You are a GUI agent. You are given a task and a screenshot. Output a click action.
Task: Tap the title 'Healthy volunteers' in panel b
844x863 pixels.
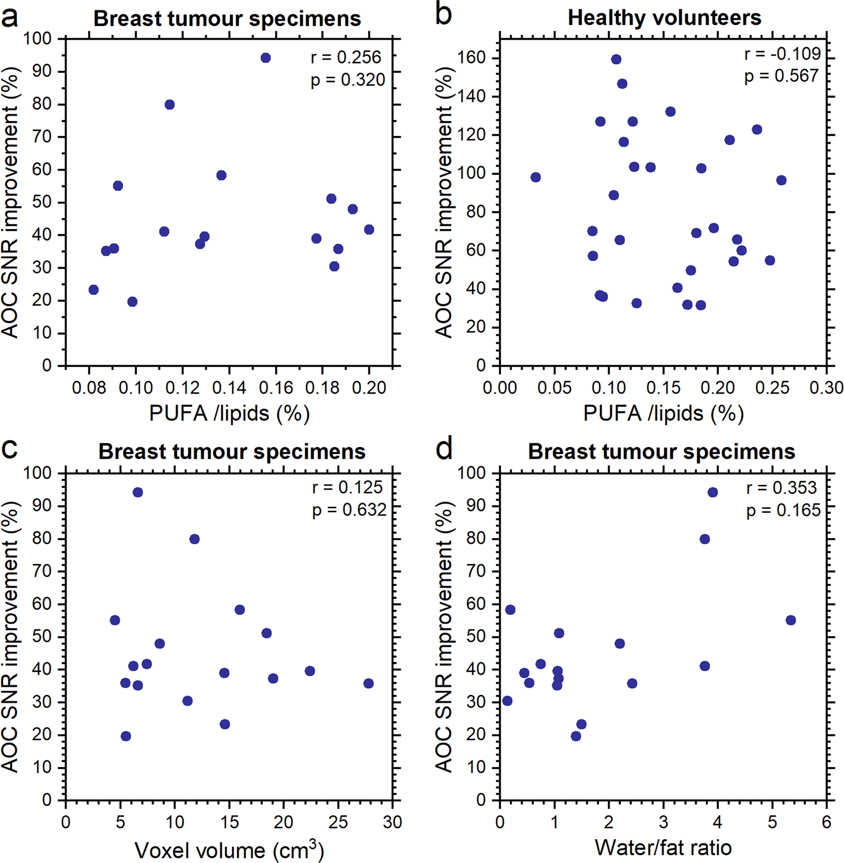click(664, 18)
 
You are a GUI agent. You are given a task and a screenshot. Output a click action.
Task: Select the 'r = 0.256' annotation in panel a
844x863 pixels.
click(346, 57)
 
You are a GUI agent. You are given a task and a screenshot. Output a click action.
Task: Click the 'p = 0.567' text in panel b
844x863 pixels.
click(782, 76)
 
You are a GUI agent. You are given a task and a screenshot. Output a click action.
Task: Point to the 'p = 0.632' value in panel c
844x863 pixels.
click(349, 510)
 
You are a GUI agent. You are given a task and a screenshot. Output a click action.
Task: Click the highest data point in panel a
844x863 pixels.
click(266, 58)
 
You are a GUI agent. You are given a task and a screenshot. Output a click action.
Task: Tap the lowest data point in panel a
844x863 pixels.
click(133, 302)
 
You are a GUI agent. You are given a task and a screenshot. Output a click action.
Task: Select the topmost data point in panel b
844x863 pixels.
click(616, 59)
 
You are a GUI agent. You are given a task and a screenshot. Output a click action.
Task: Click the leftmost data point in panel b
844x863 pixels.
click(536, 177)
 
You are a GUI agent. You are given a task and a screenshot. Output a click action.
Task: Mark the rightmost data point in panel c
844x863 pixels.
click(368, 683)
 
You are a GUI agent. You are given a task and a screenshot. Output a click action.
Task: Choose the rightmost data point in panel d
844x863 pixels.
click(790, 620)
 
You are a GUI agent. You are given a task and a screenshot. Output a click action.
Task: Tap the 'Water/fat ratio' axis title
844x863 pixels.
click(663, 848)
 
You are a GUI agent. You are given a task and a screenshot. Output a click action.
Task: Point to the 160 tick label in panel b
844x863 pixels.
click(472, 58)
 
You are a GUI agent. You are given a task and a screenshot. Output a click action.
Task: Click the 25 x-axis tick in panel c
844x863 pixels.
click(338, 822)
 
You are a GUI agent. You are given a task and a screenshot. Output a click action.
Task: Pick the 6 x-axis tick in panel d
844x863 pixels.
click(826, 822)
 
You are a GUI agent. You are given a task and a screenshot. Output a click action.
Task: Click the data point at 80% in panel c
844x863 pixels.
click(194, 539)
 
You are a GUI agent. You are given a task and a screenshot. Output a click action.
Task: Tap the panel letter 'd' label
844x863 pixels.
click(444, 450)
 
